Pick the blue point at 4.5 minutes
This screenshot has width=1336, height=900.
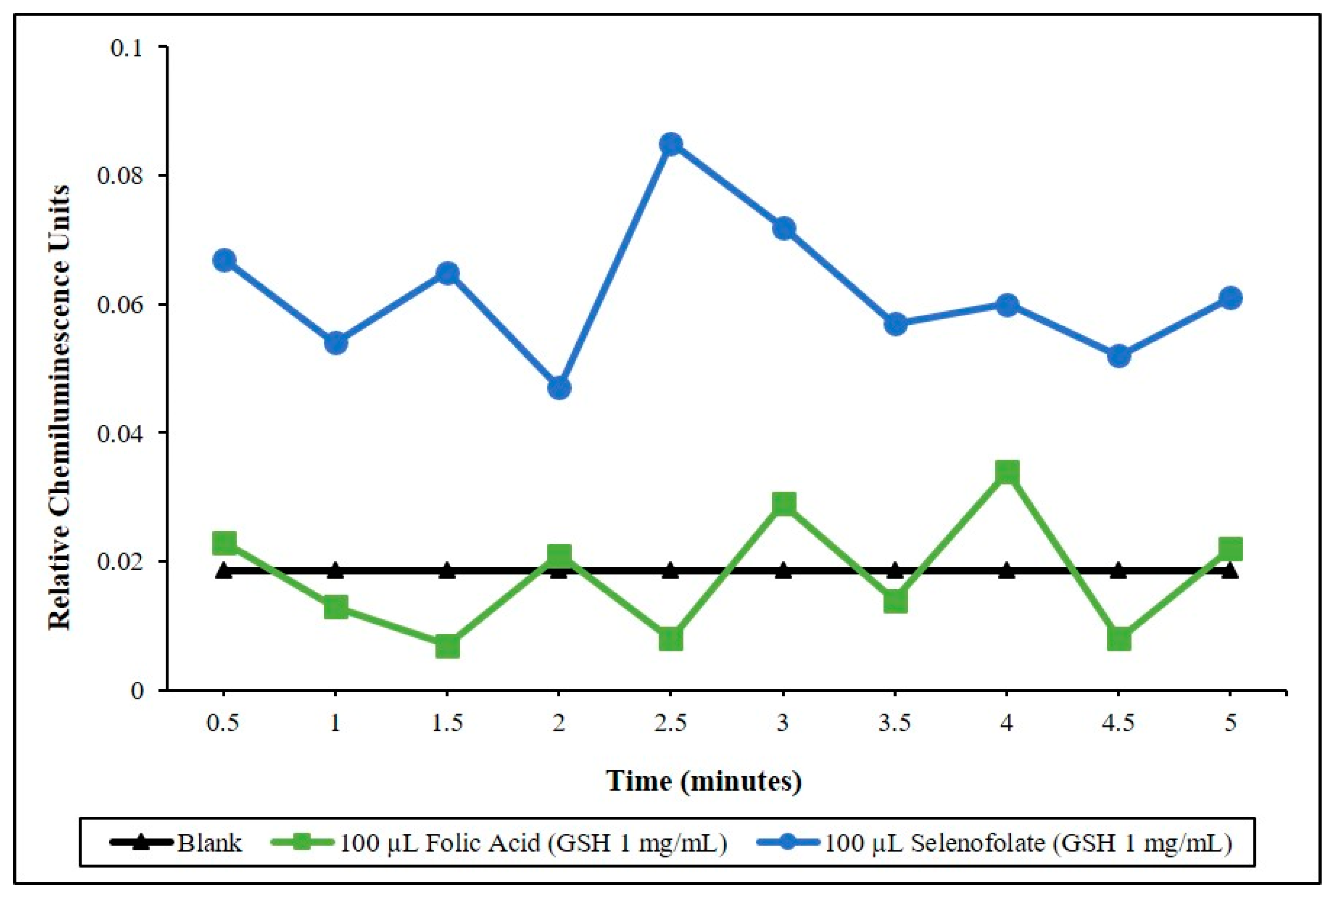click(1119, 356)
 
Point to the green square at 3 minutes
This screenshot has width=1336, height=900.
click(783, 504)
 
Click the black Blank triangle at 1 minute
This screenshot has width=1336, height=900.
click(336, 571)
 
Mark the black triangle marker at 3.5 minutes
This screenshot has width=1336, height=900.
click(895, 571)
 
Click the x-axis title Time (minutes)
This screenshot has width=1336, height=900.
click(703, 781)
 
